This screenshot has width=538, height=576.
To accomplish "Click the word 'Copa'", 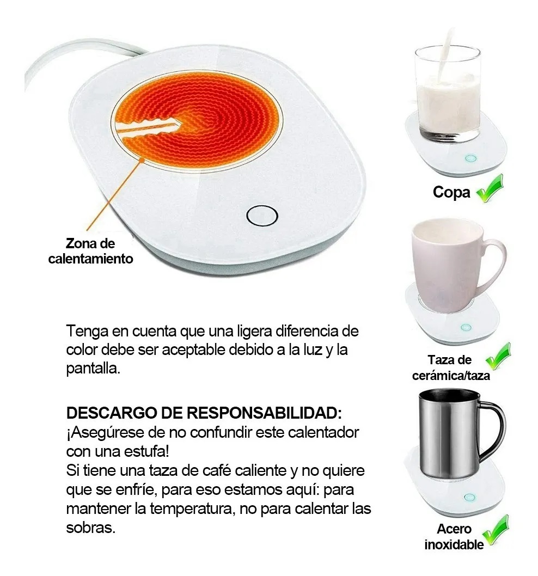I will click(x=451, y=193).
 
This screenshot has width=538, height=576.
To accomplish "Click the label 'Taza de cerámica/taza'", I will click(x=451, y=367).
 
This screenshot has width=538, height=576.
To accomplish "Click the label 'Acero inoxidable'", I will click(x=454, y=536).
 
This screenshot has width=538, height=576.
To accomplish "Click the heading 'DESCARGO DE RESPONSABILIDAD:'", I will click(x=204, y=413).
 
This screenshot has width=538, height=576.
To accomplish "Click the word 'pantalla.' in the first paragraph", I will click(x=93, y=368).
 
